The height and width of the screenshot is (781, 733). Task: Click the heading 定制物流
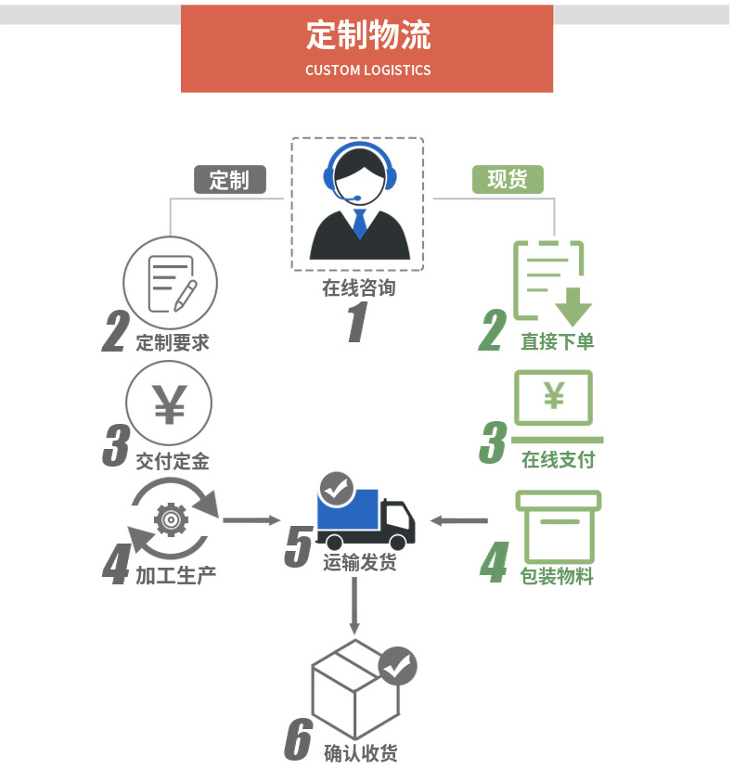point(367,35)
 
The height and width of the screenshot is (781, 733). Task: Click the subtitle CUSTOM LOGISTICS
point(367,70)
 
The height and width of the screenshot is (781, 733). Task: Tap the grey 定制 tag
point(229,179)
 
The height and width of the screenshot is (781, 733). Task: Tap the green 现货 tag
point(508,179)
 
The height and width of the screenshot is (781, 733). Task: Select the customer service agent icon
point(358,204)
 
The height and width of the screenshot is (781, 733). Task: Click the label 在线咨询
point(358,288)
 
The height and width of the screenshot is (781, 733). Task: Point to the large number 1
point(357,324)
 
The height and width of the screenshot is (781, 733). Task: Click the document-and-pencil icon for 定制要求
point(171,283)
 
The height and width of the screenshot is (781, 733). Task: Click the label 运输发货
point(359,562)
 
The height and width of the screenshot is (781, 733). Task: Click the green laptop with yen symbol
point(554,406)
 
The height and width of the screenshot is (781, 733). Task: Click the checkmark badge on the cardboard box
point(398,665)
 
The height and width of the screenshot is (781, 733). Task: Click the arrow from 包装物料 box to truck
point(460,520)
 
